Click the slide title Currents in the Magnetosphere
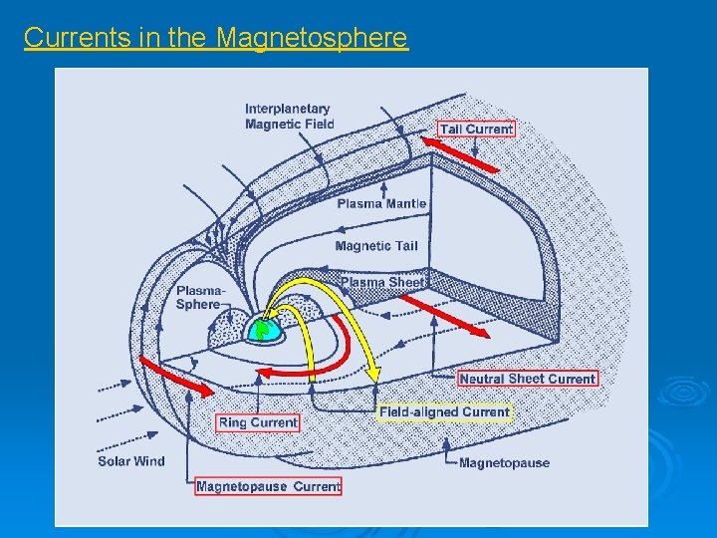pyautogui.click(x=215, y=38)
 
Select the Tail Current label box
pyautogui.click(x=477, y=129)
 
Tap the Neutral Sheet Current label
pyautogui.click(x=528, y=379)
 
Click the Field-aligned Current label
pyautogui.click(x=444, y=411)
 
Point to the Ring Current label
pyautogui.click(x=258, y=422)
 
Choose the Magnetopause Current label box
pyautogui.click(x=268, y=486)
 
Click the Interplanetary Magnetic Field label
pyautogui.click(x=289, y=116)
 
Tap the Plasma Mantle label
pyautogui.click(x=381, y=203)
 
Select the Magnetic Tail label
pyautogui.click(x=376, y=246)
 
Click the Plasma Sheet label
pyautogui.click(x=383, y=282)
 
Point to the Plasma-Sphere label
pyautogui.click(x=198, y=297)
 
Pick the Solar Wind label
pyautogui.click(x=131, y=461)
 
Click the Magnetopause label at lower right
pyautogui.click(x=504, y=462)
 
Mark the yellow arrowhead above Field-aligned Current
pyautogui.click(x=375, y=374)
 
